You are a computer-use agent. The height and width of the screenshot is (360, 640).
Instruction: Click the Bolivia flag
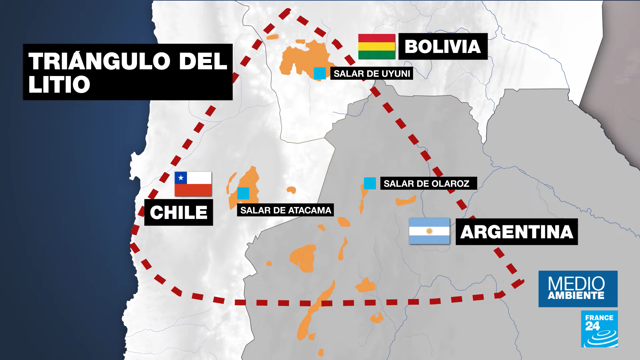point(377,46)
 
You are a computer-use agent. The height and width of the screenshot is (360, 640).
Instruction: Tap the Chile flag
point(193,184)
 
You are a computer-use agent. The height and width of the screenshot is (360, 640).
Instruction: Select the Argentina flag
point(429,231)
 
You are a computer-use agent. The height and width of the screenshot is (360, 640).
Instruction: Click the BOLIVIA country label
point(443,46)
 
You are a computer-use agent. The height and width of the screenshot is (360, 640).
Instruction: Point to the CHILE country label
point(179,213)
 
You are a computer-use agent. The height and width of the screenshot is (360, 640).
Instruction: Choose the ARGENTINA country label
point(516,232)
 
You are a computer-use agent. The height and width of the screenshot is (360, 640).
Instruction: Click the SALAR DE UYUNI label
point(372,74)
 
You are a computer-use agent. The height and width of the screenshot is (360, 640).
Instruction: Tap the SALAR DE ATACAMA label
point(285,210)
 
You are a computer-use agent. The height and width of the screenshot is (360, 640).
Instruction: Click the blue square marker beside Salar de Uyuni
point(320,73)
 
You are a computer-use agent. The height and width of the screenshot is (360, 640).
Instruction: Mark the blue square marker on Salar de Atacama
point(243,193)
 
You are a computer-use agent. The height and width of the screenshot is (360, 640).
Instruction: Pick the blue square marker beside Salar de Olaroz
point(370,183)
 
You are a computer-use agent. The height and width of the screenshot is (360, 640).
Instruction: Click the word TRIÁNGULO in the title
point(99,61)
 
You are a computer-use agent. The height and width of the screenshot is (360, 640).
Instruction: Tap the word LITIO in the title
point(59,84)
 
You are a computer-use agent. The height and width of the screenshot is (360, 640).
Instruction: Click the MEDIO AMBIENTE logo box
point(578,289)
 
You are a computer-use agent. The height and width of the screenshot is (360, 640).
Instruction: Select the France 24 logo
point(599,329)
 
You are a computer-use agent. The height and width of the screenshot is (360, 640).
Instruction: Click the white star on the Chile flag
point(181,178)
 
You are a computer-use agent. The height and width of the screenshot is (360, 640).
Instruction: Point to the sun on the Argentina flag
point(429,231)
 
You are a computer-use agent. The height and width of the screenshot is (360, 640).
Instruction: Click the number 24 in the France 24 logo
point(592,326)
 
